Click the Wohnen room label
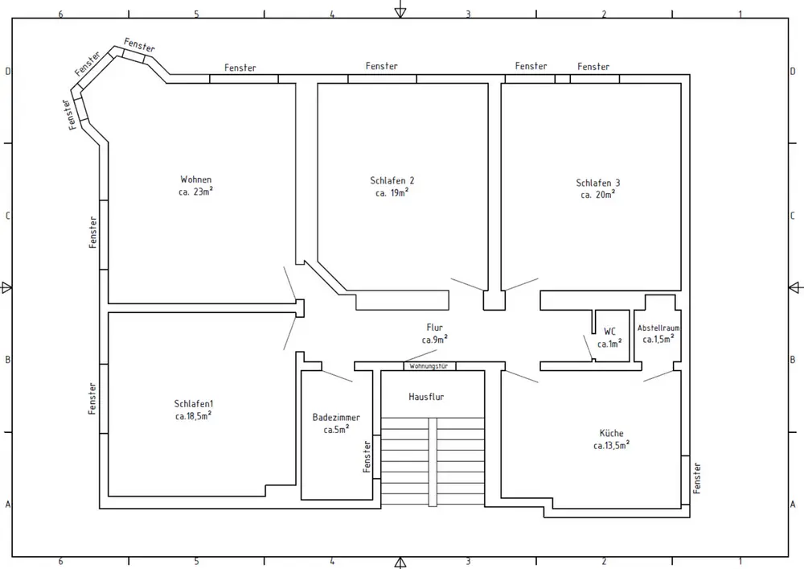coord(196,179)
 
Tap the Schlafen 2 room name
coord(392,180)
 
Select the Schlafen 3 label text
coord(598,183)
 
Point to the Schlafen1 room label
coord(193,404)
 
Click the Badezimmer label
coord(336,418)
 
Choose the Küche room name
coord(612,433)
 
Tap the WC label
coord(609,332)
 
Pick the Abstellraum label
coord(658,328)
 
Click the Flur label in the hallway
coord(434,328)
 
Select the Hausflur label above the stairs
coord(426,397)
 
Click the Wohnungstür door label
coord(429,366)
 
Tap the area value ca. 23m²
coord(195,192)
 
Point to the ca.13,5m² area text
coord(611,445)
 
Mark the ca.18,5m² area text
coord(193,416)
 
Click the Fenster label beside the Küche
coord(697,478)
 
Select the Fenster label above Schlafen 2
coord(381,66)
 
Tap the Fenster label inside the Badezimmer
coord(367,456)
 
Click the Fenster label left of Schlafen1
coord(92,398)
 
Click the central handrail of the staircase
coord(433,462)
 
